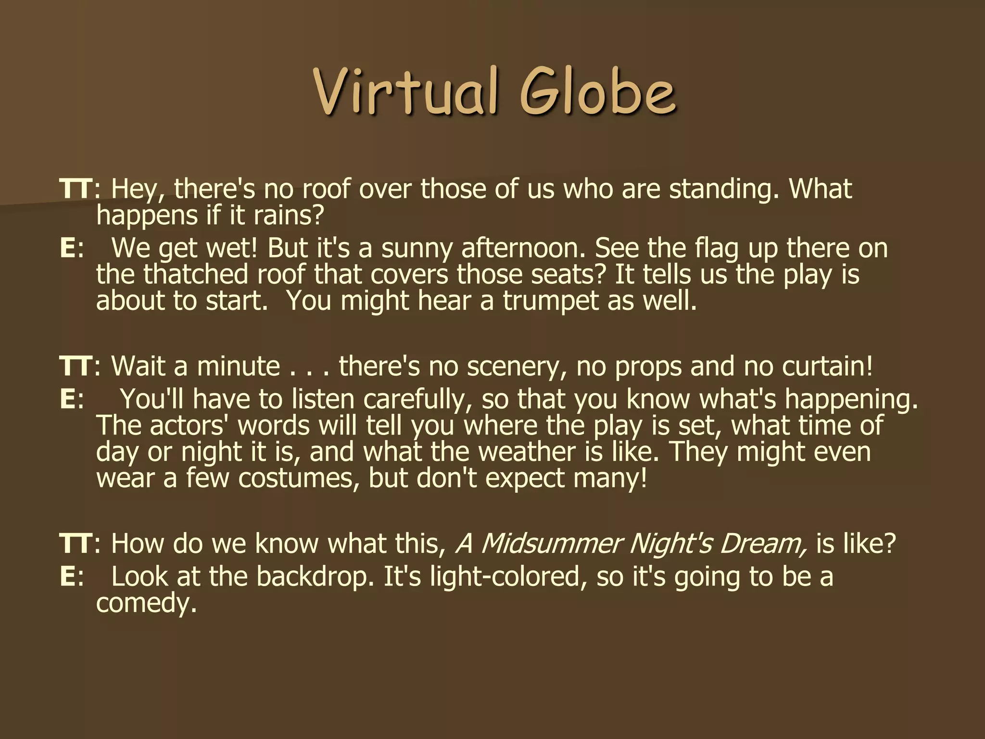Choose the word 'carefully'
coord(417,400)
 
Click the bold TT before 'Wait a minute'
coord(75,366)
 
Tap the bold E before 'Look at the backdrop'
coord(68,577)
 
